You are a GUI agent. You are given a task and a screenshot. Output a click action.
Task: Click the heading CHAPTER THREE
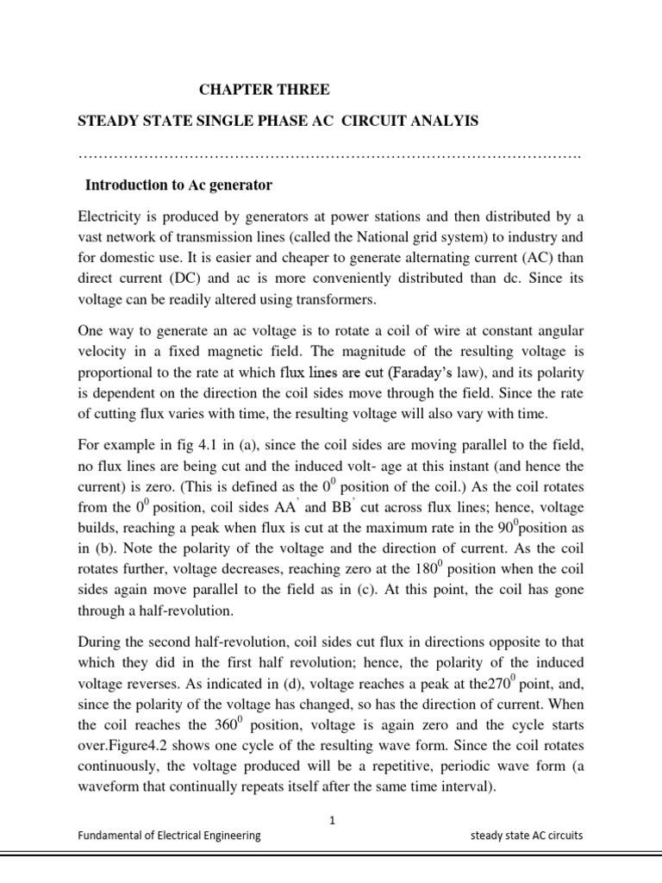coord(264,89)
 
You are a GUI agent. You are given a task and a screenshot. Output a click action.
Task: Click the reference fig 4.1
coord(197,450)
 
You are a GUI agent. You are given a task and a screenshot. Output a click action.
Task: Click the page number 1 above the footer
coord(331,821)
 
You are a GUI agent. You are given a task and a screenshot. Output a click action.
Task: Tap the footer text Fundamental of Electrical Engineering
coord(169,836)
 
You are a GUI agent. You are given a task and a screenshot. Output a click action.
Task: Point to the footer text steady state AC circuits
coord(526,836)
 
